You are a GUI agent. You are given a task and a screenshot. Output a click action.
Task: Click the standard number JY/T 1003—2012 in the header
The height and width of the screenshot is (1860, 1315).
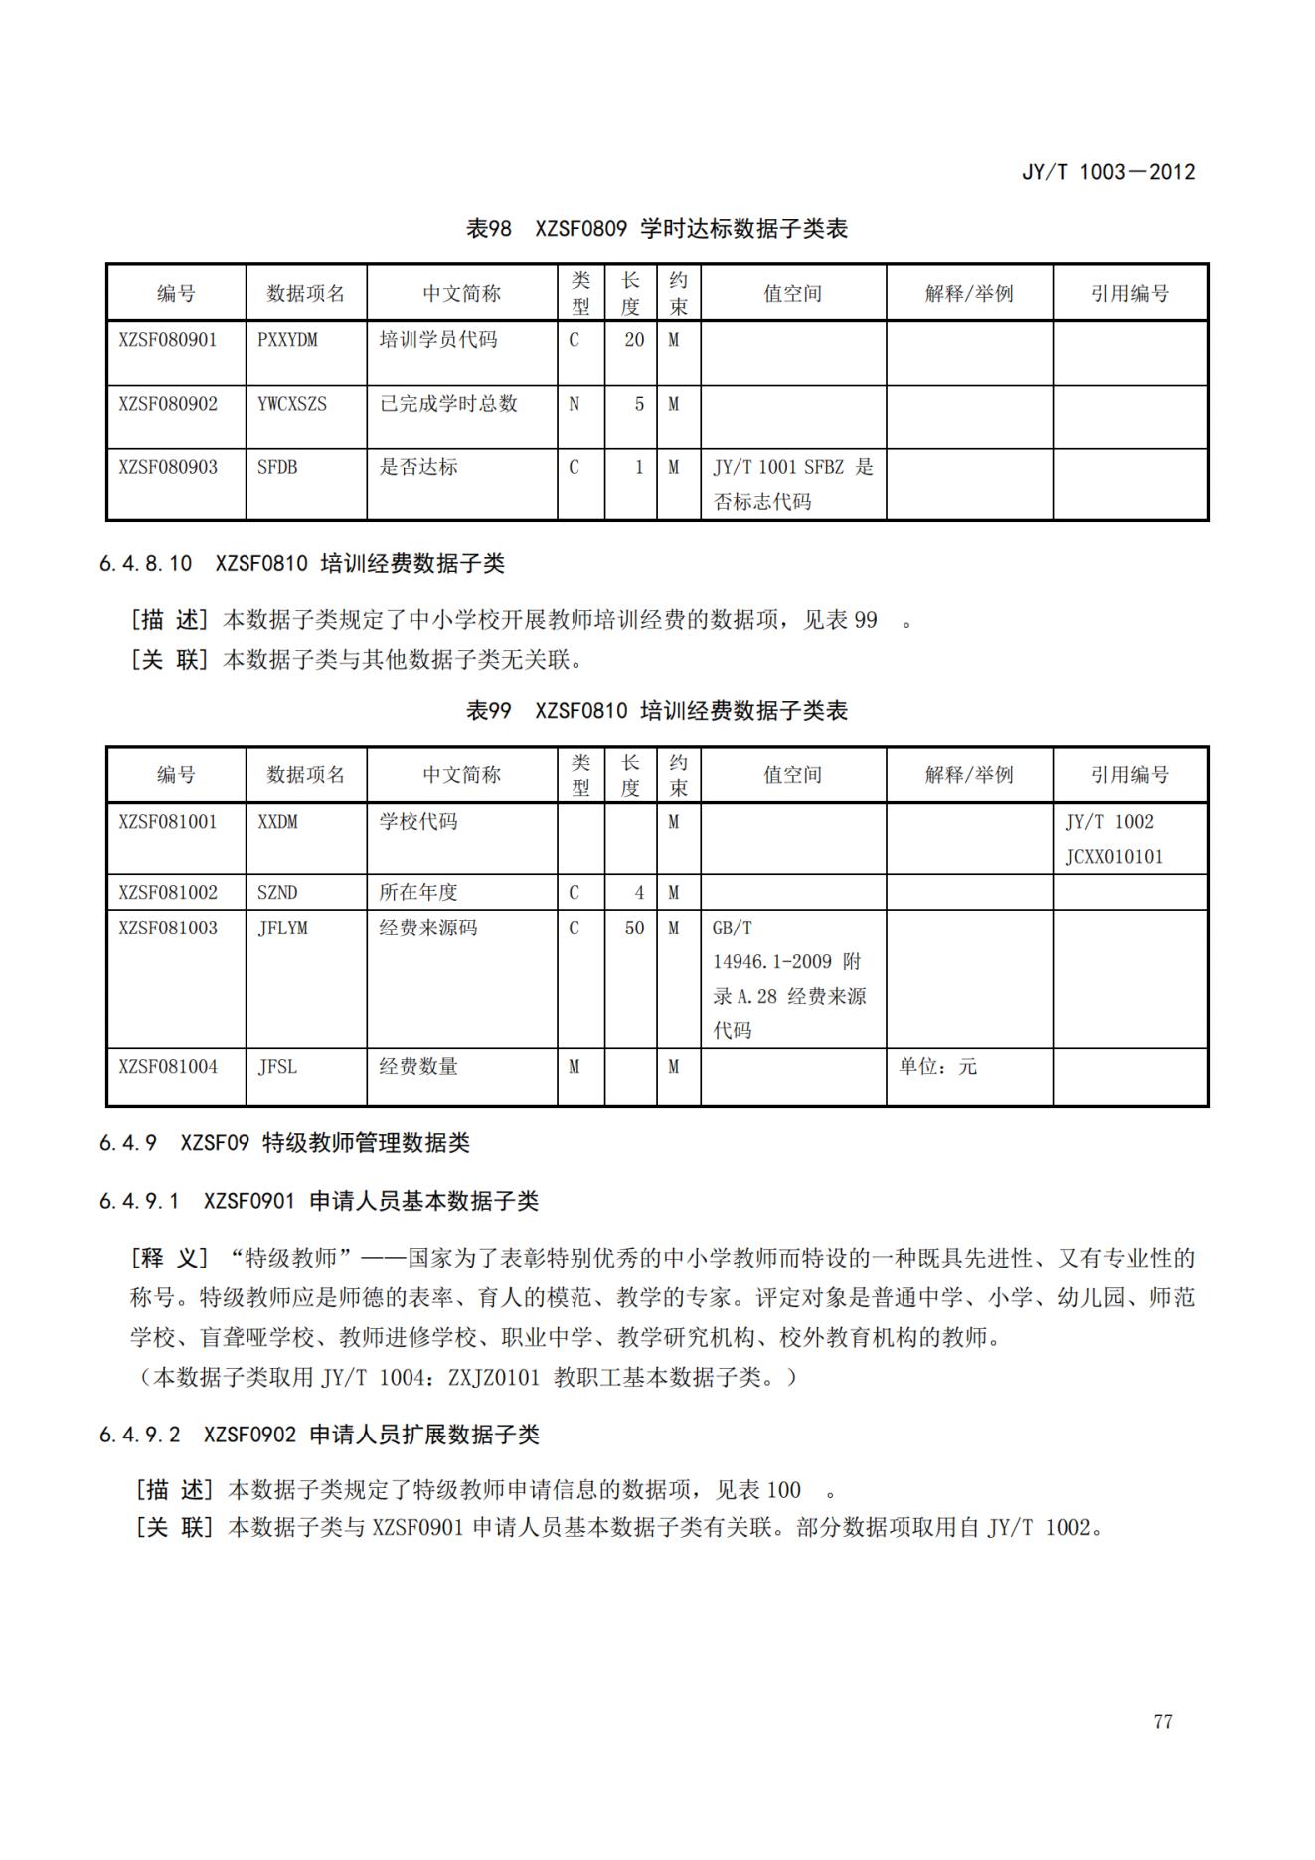[x=1107, y=172]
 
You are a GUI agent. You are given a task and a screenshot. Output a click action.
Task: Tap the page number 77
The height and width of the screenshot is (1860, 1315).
[x=1162, y=1722]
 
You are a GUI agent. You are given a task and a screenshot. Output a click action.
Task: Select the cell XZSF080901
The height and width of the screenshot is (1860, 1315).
[x=167, y=340]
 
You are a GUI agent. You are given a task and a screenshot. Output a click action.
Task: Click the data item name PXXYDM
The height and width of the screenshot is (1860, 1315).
[x=287, y=340]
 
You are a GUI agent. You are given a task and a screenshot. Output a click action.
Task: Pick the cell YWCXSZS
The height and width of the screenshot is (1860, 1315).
[x=292, y=404]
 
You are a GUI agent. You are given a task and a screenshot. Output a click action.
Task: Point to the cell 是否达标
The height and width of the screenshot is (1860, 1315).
[x=418, y=467]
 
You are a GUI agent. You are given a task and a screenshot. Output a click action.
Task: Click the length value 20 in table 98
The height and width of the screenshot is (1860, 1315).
[x=634, y=340]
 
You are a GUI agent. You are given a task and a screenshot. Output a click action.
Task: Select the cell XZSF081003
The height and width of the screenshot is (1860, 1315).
[x=167, y=928]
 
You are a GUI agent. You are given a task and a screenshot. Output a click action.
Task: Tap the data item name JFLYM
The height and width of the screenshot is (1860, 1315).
[x=282, y=928]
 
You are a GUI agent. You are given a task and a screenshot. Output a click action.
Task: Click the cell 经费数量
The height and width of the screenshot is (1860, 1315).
[x=418, y=1067]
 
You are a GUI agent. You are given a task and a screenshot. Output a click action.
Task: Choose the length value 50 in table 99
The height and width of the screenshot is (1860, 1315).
[x=634, y=928]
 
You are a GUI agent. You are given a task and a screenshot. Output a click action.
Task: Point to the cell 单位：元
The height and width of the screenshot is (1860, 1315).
[x=937, y=1067]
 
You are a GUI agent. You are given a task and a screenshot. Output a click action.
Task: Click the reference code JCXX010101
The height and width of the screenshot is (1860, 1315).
[x=1113, y=857]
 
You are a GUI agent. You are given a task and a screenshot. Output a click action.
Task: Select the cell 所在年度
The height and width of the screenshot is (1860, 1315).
[x=418, y=892]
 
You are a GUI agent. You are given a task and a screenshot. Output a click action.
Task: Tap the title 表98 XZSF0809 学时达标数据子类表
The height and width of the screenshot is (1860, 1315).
[x=657, y=229]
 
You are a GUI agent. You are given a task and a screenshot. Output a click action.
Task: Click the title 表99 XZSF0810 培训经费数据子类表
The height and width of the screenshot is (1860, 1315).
[x=657, y=711]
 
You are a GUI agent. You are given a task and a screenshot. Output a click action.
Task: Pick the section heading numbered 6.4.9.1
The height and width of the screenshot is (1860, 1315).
[x=318, y=1201]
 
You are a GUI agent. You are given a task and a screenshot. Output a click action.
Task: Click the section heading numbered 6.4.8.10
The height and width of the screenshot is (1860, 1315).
[x=301, y=564]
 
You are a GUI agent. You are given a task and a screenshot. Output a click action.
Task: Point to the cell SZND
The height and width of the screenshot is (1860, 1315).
[x=277, y=892]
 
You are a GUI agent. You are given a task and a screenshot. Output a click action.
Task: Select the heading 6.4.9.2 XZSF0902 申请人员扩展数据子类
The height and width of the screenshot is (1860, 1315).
[x=319, y=1435]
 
